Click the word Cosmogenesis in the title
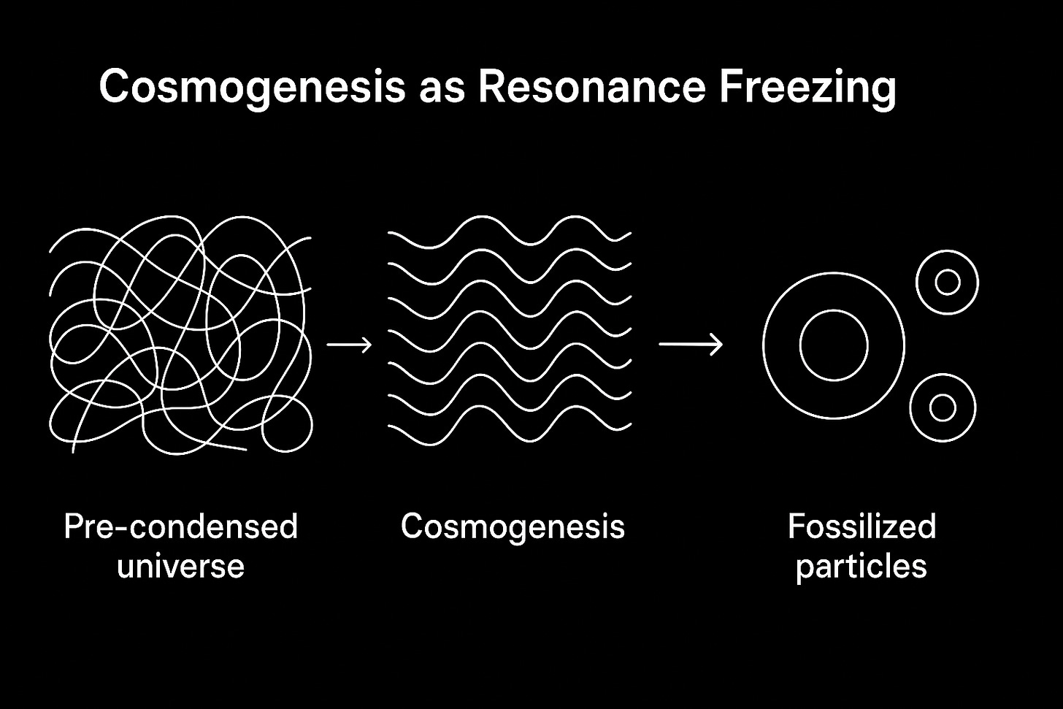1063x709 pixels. point(251,87)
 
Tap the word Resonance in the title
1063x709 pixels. point(591,87)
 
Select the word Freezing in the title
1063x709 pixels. point(807,87)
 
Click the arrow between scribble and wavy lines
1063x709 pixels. point(349,343)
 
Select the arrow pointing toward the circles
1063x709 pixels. point(691,343)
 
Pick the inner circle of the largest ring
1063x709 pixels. point(834,345)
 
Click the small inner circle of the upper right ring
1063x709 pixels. point(947,282)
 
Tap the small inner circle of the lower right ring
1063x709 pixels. point(943,407)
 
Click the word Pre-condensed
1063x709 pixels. point(180,526)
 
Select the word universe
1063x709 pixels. point(180,566)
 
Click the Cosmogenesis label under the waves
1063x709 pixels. point(513,526)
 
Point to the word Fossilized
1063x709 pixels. point(861,526)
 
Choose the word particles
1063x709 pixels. point(861,567)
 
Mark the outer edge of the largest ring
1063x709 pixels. point(764,345)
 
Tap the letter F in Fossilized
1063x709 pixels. point(795,526)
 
